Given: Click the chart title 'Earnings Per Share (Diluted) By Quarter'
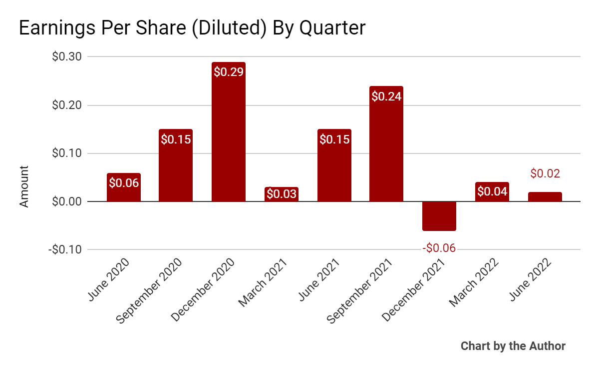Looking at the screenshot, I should (x=192, y=28).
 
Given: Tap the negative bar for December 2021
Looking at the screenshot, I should (x=439, y=216).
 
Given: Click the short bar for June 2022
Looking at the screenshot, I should (x=545, y=196).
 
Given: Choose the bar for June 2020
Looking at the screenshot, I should (x=124, y=187).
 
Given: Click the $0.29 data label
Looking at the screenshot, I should (x=229, y=72).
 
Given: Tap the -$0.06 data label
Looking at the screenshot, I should (x=439, y=248).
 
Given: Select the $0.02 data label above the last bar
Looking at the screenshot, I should (x=545, y=174).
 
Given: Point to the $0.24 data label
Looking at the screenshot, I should (x=386, y=96).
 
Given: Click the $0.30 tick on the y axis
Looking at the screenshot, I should (x=67, y=56).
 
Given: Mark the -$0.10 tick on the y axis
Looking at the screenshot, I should (x=65, y=249).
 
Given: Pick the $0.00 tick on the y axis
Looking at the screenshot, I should (x=67, y=201).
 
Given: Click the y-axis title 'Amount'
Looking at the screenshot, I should (x=24, y=186).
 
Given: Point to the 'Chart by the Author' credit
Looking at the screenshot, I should (x=513, y=346).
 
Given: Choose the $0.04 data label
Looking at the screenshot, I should (x=492, y=191).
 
